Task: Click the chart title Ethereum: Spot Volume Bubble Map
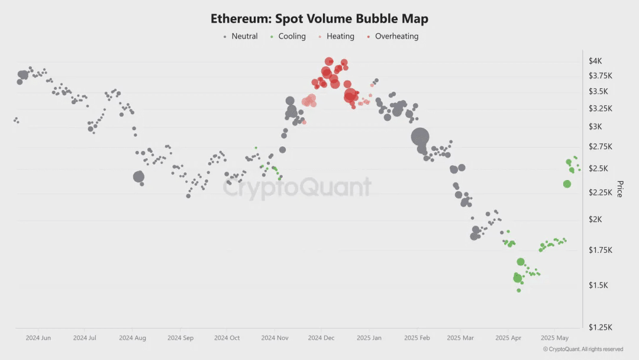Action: [319, 18]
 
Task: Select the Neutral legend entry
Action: [240, 36]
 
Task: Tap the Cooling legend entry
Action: [288, 36]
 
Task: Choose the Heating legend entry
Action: [336, 36]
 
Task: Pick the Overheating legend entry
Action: [392, 36]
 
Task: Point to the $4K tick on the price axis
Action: [595, 61]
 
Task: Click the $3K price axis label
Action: [595, 127]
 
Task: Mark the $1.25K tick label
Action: [600, 327]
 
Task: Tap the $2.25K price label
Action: [600, 192]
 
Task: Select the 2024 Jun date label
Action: [38, 338]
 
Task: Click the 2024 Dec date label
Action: [321, 338]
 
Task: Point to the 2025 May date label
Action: [555, 338]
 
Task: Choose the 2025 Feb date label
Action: [416, 338]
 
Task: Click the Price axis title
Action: [620, 189]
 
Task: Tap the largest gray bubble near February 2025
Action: [420, 137]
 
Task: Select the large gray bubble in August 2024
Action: [138, 176]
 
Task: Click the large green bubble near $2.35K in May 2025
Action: [567, 184]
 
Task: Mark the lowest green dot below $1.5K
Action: [519, 290]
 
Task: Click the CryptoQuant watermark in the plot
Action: [297, 188]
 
